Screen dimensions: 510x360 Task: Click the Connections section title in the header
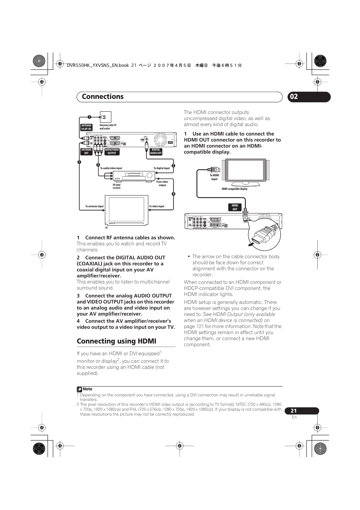click(x=103, y=97)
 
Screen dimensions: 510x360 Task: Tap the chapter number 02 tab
click(x=294, y=97)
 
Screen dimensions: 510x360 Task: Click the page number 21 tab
click(x=294, y=411)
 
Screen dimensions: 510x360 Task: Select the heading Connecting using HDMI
click(x=116, y=341)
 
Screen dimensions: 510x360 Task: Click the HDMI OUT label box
click(x=235, y=207)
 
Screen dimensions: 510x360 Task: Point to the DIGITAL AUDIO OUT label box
click(x=156, y=151)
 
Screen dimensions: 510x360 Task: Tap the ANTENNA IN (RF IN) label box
click(x=86, y=127)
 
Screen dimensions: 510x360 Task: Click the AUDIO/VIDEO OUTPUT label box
click(x=112, y=151)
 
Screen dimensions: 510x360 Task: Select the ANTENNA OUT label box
click(x=86, y=151)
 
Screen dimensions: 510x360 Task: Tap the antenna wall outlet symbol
click(x=106, y=117)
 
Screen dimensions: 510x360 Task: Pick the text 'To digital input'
click(x=162, y=168)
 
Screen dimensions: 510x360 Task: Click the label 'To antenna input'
click(x=94, y=206)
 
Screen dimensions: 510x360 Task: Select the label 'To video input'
click(x=157, y=206)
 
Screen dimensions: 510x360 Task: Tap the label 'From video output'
click(x=162, y=183)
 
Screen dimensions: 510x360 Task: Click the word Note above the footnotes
click(x=88, y=389)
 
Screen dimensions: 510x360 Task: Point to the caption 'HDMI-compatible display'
click(x=235, y=189)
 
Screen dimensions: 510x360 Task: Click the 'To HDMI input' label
click(x=214, y=177)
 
